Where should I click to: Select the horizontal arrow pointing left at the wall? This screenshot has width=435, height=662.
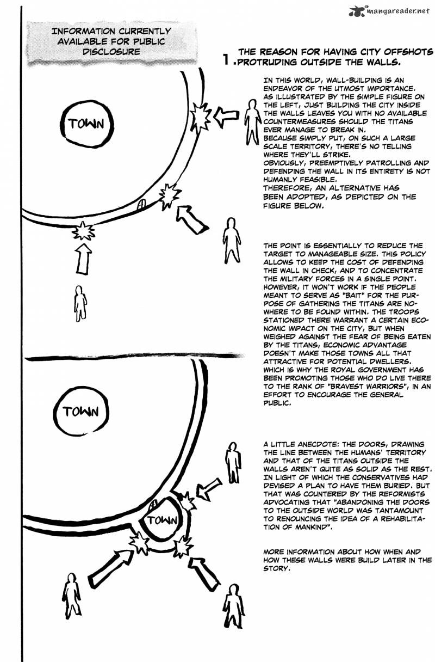coord(227,115)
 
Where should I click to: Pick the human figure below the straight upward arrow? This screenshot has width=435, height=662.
coord(80,302)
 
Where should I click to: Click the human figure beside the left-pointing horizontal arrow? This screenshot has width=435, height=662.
coord(251,121)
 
